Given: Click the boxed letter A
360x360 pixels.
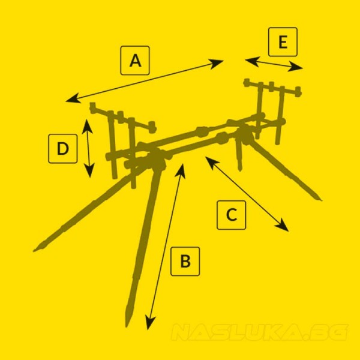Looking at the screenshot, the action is coord(135,61).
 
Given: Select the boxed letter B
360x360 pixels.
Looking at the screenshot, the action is coord(185,261).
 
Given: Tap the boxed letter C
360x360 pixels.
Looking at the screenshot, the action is coord(232,215).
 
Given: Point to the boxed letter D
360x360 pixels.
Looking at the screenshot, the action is coord(62,149).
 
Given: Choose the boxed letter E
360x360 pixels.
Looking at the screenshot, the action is coord(283,42).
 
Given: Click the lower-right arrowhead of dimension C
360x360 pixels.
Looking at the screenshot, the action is coord(283,226).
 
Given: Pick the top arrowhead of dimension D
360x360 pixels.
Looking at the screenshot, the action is coord(87,126).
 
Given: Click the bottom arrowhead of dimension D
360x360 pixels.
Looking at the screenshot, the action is coord(89,170).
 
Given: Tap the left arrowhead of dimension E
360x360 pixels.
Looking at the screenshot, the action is coord(252,61).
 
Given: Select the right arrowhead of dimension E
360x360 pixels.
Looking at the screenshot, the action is coord(296,67).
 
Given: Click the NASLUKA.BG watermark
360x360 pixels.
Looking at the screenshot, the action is coord(260,332).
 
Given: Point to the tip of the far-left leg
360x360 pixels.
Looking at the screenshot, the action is coord(34,250).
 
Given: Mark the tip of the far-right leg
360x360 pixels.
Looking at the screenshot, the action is coord(321,200).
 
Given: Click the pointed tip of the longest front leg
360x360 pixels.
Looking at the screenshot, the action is coord(126,326).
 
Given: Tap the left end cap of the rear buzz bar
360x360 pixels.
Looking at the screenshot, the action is coord(247,82).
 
